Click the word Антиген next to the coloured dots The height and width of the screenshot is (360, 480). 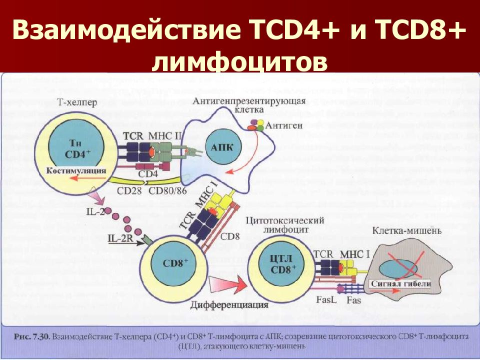coord(284,125)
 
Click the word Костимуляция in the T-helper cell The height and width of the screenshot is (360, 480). coord(76,171)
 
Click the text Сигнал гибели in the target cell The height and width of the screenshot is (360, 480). coord(400,283)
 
